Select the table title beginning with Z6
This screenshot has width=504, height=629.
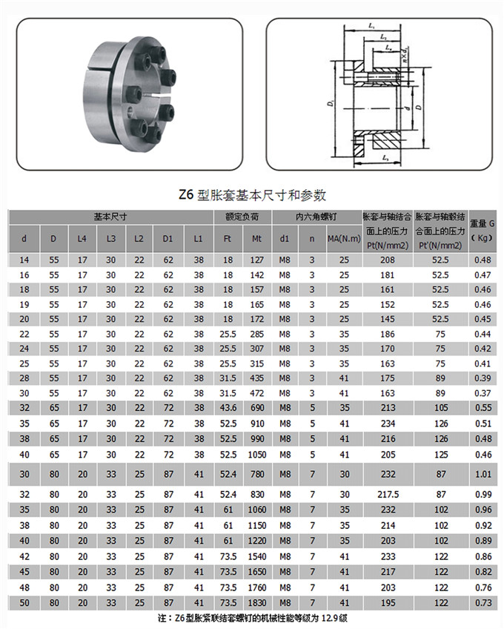click(251, 195)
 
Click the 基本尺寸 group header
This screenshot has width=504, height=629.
click(109, 217)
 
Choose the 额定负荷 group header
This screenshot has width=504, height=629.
click(242, 217)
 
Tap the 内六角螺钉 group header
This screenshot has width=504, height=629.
click(316, 217)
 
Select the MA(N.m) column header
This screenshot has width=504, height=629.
click(343, 239)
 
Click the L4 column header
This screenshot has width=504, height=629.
click(82, 239)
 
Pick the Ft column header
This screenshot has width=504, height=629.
click(228, 239)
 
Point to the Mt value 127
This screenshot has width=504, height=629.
click(257, 260)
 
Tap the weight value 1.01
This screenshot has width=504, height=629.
click(483, 473)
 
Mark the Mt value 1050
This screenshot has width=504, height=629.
click(257, 453)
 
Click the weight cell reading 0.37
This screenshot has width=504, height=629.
click(483, 392)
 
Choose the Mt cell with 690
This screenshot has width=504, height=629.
click(257, 409)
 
